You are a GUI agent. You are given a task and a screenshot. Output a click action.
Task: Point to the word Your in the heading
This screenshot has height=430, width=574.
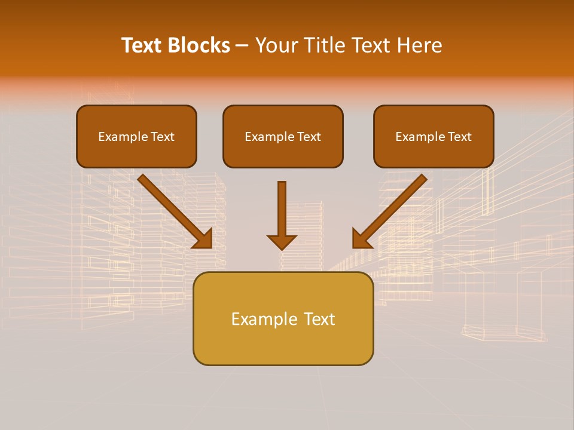pos(274,45)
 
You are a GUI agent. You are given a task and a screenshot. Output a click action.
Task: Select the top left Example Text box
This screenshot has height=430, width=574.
pos(136,136)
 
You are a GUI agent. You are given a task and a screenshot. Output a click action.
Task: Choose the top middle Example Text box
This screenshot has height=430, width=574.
pos(283,136)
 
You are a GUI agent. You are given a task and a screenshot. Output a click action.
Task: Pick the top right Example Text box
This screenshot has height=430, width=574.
pos(433,136)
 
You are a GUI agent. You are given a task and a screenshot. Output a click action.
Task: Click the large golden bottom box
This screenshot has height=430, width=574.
pos(283,318)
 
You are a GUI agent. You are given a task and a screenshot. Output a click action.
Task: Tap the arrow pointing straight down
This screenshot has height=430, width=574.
pos(282,215)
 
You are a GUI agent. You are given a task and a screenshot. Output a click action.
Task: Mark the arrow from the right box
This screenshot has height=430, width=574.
pos(392,209)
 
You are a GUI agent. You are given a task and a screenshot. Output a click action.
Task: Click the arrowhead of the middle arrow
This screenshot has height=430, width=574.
pos(282,241)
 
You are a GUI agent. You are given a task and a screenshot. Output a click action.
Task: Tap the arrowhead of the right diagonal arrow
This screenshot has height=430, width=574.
pos(362,238)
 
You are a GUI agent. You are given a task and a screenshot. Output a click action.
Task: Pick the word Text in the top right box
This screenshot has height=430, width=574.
pos(459,137)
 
